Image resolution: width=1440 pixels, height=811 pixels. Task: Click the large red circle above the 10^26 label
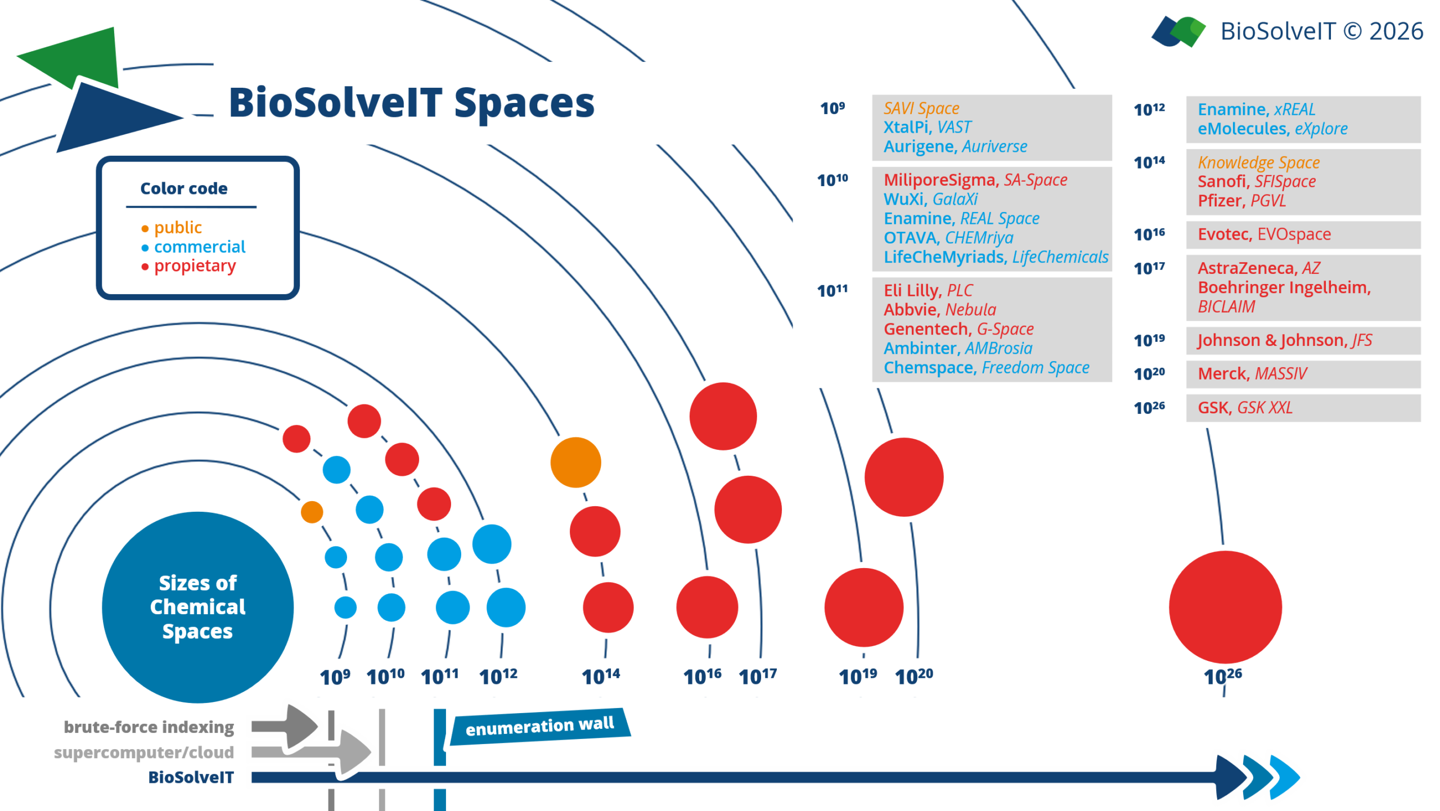[x=1225, y=607]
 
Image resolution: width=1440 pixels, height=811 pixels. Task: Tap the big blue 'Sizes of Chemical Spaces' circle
[x=197, y=607]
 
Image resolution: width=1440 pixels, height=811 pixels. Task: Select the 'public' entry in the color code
[x=178, y=227]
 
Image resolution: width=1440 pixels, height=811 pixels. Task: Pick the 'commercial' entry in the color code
[x=200, y=246]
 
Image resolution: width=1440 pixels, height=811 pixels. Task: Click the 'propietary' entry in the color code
[x=195, y=266]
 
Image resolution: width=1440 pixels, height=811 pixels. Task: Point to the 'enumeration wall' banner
[x=540, y=726]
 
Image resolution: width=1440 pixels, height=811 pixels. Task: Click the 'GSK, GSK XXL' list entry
[x=1244, y=407]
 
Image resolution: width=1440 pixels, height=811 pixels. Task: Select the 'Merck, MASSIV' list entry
[x=1252, y=373]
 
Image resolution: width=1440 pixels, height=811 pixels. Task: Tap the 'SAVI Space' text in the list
[x=921, y=108]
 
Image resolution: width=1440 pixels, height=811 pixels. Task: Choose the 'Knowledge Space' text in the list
[x=1258, y=163]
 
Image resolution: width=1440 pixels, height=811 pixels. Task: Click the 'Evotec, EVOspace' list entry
[x=1264, y=234]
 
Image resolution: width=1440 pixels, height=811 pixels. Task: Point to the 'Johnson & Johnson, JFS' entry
[x=1284, y=340]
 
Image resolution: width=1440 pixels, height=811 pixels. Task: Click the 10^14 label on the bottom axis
[x=600, y=676]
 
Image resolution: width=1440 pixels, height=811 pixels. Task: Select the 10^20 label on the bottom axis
[x=913, y=676]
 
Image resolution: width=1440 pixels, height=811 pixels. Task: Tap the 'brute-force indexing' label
[x=148, y=727]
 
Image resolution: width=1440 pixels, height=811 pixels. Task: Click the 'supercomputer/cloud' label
[x=143, y=753]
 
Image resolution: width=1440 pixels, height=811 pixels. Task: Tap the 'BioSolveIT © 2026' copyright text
[x=1321, y=31]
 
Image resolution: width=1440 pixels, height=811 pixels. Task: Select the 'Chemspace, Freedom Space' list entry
[x=986, y=367]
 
